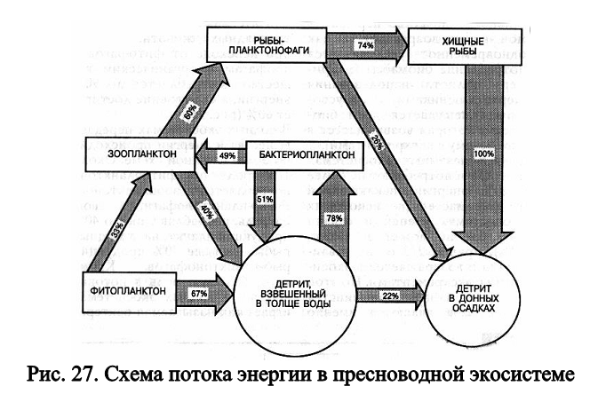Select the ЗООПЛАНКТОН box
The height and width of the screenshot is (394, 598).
click(x=128, y=156)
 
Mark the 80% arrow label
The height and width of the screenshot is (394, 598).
click(x=190, y=114)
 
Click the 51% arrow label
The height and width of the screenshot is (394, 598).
click(x=264, y=198)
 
